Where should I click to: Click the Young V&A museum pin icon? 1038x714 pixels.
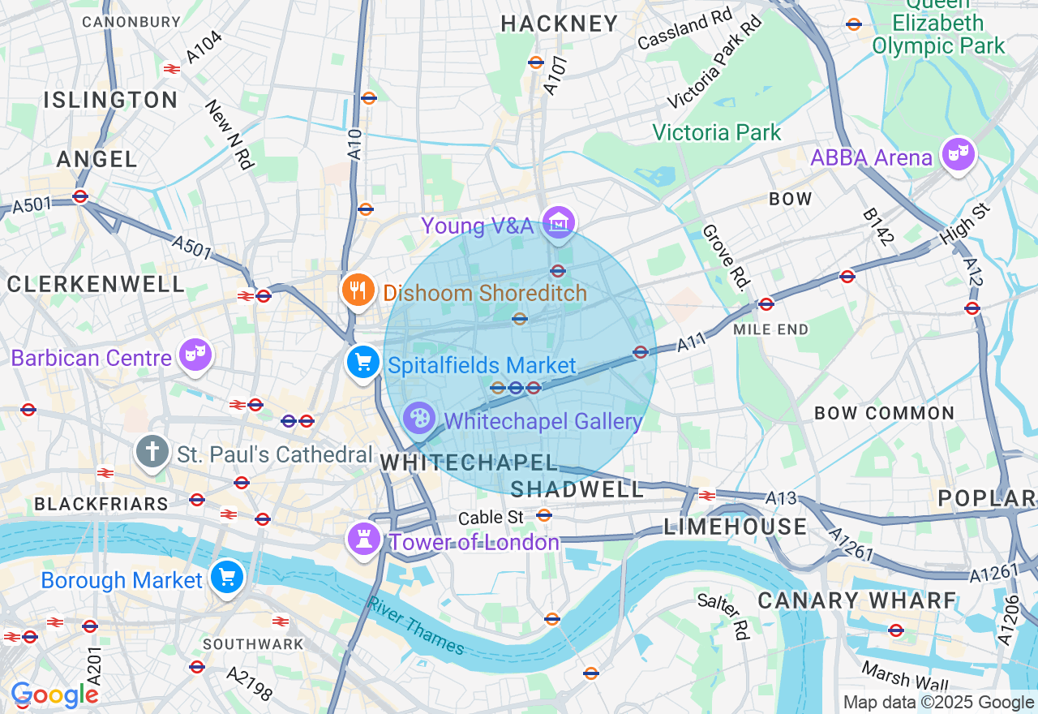pyautogui.click(x=559, y=222)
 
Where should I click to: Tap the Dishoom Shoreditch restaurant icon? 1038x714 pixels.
pyautogui.click(x=357, y=290)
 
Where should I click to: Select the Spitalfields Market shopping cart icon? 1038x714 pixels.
pyautogui.click(x=362, y=362)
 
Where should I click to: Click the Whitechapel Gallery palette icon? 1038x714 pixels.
pyautogui.click(x=419, y=419)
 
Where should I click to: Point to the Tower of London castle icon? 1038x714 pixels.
pyautogui.click(x=363, y=538)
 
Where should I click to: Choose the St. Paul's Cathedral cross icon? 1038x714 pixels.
pyautogui.click(x=152, y=451)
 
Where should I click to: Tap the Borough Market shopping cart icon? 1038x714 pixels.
pyautogui.click(x=226, y=578)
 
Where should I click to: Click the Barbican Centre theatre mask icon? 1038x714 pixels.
pyautogui.click(x=195, y=354)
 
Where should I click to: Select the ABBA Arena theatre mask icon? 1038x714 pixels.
pyautogui.click(x=958, y=153)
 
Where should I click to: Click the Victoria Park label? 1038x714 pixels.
pyautogui.click(x=716, y=132)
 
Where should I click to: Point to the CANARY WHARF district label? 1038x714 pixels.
pyautogui.click(x=857, y=600)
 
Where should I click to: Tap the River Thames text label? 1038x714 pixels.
pyautogui.click(x=416, y=626)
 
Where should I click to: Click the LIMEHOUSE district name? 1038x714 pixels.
pyautogui.click(x=735, y=527)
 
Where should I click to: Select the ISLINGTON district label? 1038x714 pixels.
pyautogui.click(x=110, y=100)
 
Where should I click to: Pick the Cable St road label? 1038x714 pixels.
pyautogui.click(x=491, y=518)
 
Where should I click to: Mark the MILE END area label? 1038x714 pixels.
pyautogui.click(x=770, y=329)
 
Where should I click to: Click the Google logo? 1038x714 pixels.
pyautogui.click(x=54, y=695)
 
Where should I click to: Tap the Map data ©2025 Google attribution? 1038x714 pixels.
pyautogui.click(x=938, y=703)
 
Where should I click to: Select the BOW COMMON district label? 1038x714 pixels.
pyautogui.click(x=884, y=413)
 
